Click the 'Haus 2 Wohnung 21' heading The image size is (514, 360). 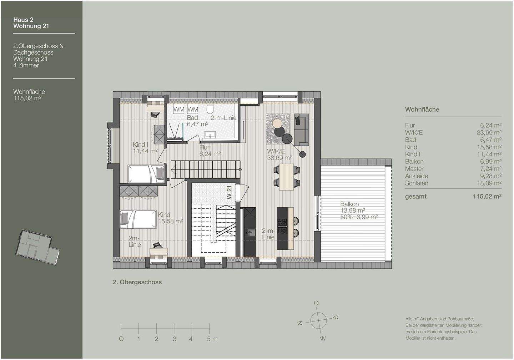pos(31,23)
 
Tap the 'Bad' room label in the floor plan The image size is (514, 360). pos(192,118)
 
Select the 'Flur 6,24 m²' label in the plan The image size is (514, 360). pos(209,151)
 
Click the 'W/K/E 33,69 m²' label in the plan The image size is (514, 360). pos(279,154)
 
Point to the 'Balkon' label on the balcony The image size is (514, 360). pos(349,204)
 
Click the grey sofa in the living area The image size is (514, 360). pos(301,130)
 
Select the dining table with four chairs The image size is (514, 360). pos(286,177)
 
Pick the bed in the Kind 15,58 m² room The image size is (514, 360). pos(138,219)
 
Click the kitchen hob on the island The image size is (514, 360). pos(282,223)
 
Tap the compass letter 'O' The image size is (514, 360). pos(316,303)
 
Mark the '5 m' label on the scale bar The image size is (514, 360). pos(212,339)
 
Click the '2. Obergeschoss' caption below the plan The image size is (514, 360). pos(137,282)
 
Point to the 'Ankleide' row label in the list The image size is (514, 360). pos(416,176)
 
